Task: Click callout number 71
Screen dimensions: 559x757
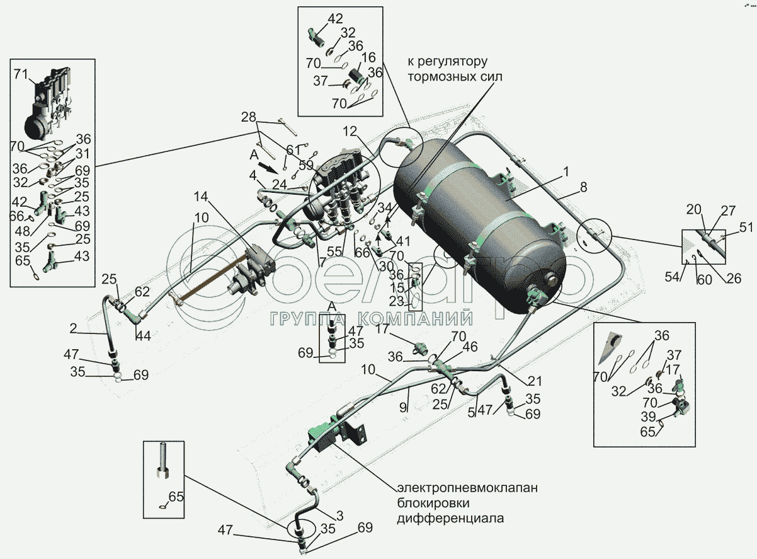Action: pos(21,76)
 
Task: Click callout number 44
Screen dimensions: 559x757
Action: pos(144,336)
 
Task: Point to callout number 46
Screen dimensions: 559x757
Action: pos(470,347)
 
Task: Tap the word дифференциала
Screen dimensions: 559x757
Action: pos(450,519)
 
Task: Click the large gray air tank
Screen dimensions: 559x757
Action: pos(479,214)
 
